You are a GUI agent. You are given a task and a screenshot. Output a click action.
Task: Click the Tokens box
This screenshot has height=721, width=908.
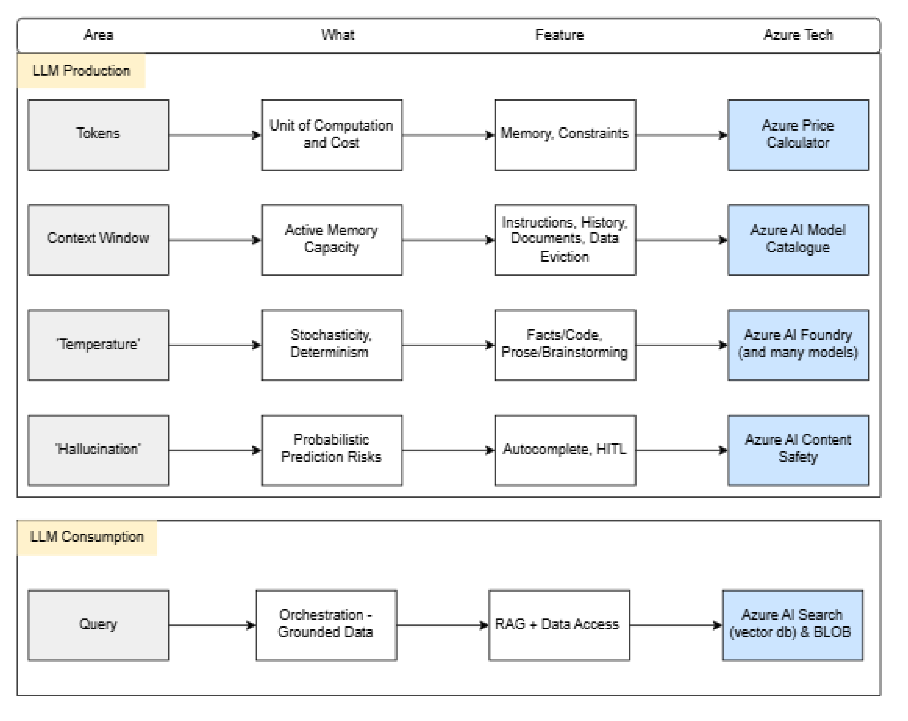click(x=98, y=135)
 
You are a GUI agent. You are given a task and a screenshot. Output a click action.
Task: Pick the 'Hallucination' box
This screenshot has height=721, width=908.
click(x=98, y=450)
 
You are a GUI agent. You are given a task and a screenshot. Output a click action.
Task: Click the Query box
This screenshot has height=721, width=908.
click(x=98, y=625)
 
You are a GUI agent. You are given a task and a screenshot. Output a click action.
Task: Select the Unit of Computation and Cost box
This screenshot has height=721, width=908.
click(x=332, y=135)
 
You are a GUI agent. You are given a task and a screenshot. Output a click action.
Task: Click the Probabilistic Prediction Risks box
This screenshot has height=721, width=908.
click(x=332, y=450)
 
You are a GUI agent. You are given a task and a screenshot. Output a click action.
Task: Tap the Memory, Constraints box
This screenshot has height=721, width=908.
click(x=565, y=135)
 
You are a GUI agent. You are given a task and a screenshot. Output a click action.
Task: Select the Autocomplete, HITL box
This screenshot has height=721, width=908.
click(x=565, y=450)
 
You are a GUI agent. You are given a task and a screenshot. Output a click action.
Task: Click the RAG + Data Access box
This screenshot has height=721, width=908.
click(x=559, y=625)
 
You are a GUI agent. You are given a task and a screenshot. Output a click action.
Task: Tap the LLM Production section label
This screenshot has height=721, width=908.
click(x=81, y=71)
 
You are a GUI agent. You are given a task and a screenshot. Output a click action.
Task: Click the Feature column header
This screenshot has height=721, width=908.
click(x=559, y=35)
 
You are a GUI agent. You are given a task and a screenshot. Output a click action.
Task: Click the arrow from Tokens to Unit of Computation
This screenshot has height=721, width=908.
click(x=215, y=135)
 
